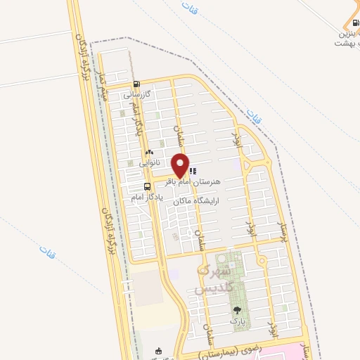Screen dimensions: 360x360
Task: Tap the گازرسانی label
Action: click(x=138, y=94)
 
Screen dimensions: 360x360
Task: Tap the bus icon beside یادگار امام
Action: click(x=147, y=186)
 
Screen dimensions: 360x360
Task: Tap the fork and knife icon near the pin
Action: click(x=193, y=169)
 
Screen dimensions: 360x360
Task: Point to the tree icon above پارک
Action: click(x=236, y=309)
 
